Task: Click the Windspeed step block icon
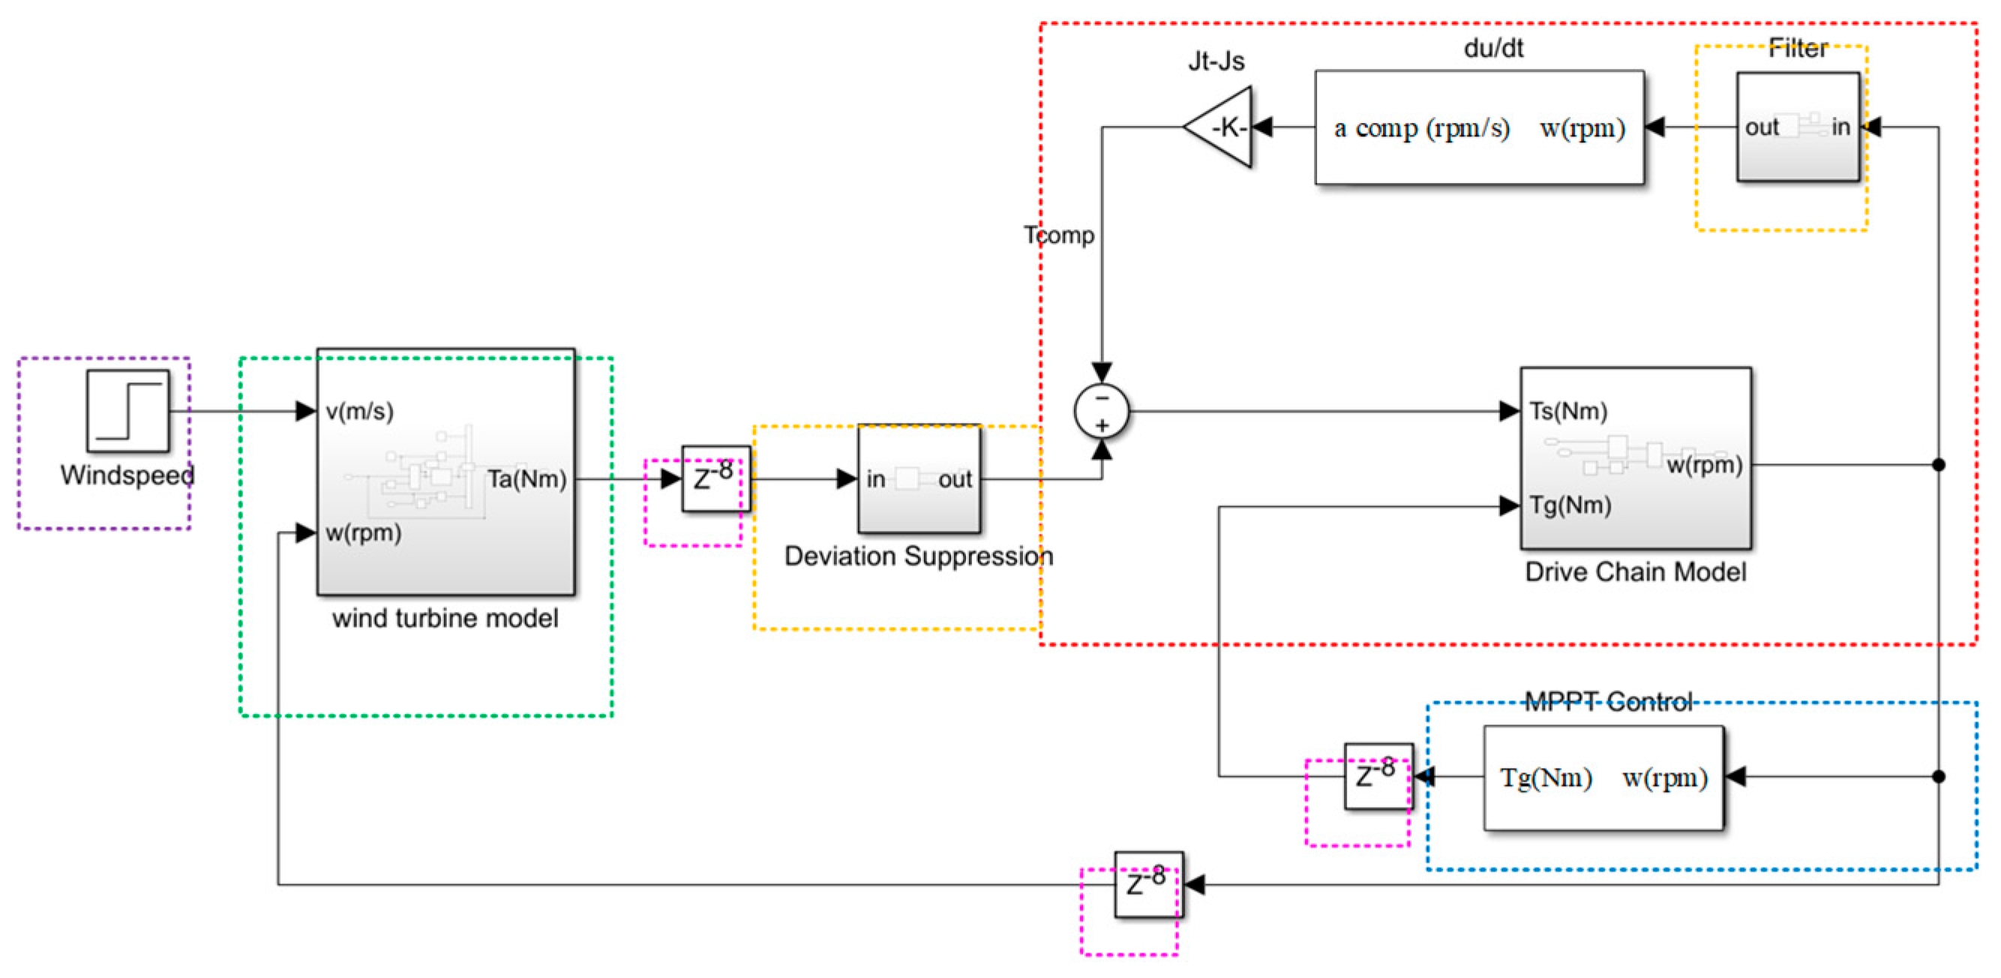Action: (x=127, y=411)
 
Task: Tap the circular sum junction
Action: (x=1102, y=411)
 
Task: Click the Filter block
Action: (x=1798, y=127)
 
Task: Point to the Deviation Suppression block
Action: (x=919, y=478)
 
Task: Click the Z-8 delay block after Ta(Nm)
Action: (x=715, y=478)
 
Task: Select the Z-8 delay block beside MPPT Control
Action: (x=1378, y=776)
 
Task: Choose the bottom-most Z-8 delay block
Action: (x=1148, y=884)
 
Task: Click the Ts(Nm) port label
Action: (x=1567, y=411)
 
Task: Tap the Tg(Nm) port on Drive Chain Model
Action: (x=1570, y=505)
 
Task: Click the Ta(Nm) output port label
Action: (x=526, y=479)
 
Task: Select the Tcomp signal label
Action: (x=1058, y=235)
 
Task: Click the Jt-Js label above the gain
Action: (x=1216, y=61)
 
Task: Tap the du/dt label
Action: (x=1493, y=48)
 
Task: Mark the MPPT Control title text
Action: (x=1608, y=701)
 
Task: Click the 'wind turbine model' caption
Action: (x=445, y=618)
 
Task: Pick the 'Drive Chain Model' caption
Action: (x=1635, y=572)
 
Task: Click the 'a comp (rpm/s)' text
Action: (x=1421, y=128)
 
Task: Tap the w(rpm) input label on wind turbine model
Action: (x=363, y=533)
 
